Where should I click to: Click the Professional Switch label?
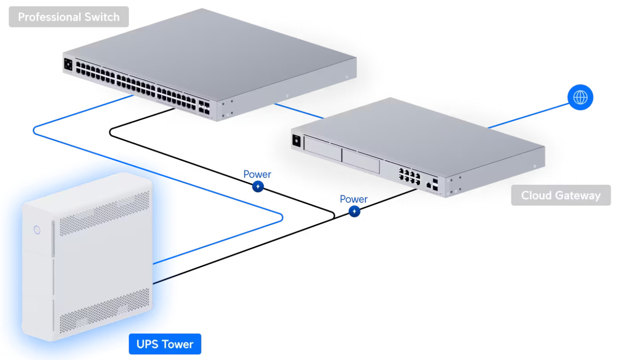pyautogui.click(x=68, y=17)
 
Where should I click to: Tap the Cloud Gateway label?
pyautogui.click(x=561, y=195)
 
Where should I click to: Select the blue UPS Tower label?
pyautogui.click(x=165, y=344)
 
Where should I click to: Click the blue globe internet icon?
pyautogui.click(x=580, y=97)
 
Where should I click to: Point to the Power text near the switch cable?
pyautogui.click(x=257, y=174)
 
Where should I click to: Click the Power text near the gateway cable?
pyautogui.click(x=354, y=199)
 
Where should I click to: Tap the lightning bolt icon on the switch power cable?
pyautogui.click(x=258, y=186)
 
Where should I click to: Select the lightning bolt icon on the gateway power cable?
pyautogui.click(x=354, y=211)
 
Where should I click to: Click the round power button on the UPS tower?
pyautogui.click(x=37, y=230)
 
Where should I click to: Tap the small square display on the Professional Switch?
pyautogui.click(x=68, y=64)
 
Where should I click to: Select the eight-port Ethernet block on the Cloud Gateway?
pyautogui.click(x=409, y=176)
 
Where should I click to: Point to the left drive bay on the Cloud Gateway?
pyautogui.click(x=323, y=149)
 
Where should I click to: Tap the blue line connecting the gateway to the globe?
pyautogui.click(x=528, y=116)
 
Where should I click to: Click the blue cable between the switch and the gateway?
pyautogui.click(x=299, y=111)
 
